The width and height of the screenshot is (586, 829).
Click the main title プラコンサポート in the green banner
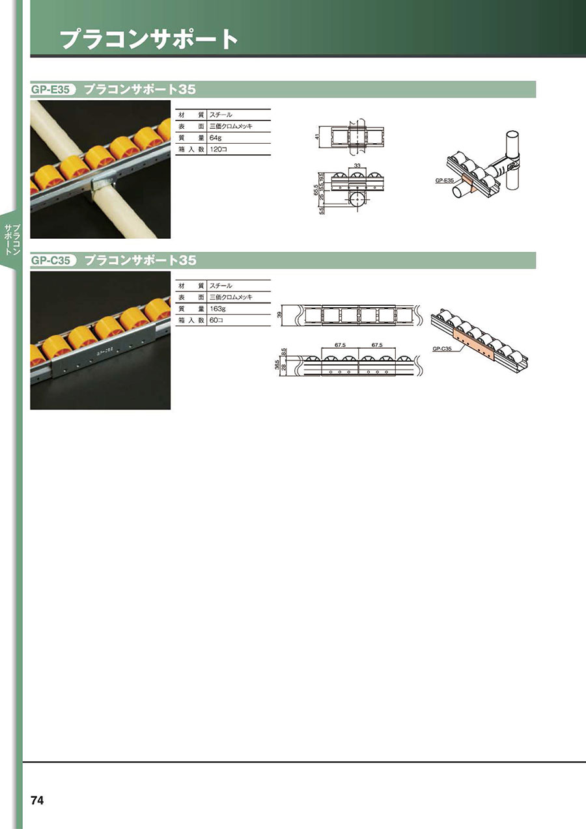pos(149,40)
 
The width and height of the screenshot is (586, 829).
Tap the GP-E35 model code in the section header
pos(51,90)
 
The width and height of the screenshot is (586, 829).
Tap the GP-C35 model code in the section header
pos(51,260)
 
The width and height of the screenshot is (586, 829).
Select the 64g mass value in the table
pos(216,138)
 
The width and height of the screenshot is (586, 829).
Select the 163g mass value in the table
pos(217,309)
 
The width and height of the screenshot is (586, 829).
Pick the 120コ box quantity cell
pos(218,150)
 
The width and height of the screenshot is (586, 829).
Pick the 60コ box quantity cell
pos(216,321)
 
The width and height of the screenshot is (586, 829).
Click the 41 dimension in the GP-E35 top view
pos(317,137)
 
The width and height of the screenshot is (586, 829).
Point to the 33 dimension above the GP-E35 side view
pos(357,166)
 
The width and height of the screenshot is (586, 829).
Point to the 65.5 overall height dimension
pos(316,190)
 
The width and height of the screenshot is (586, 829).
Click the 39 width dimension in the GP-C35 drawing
pos(280,315)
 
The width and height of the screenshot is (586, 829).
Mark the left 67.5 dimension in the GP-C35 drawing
pos(340,345)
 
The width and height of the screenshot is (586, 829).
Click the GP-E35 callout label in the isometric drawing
pos(445,181)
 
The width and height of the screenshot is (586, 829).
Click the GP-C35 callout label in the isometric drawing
pos(442,349)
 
